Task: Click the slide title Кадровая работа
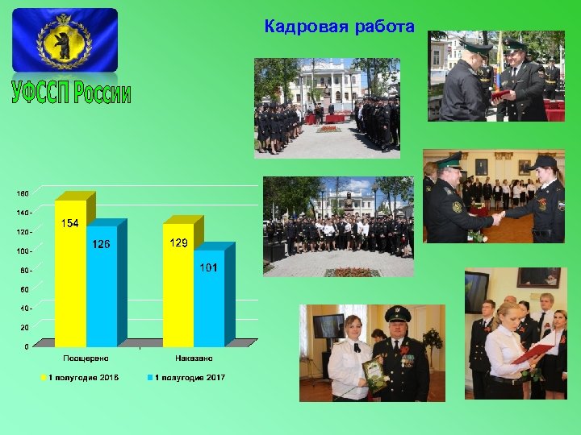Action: (339, 27)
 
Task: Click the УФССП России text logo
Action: (72, 93)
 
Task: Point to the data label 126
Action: (101, 244)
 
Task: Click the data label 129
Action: (179, 242)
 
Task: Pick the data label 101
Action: (209, 267)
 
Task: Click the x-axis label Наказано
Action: (194, 358)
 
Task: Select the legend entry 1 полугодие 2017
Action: (187, 377)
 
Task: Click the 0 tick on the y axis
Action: (27, 346)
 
